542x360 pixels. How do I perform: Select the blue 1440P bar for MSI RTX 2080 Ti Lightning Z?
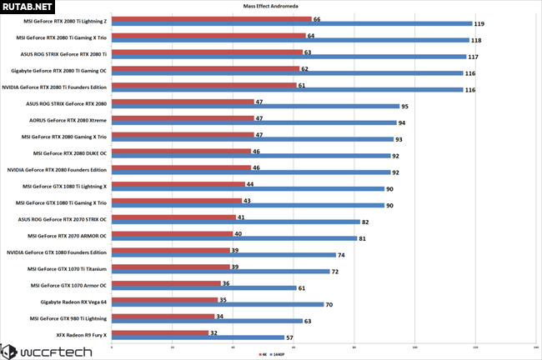point(291,24)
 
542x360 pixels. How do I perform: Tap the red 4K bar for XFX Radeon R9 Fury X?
point(159,333)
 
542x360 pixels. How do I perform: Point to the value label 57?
point(290,338)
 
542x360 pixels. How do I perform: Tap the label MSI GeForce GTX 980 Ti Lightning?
point(68,317)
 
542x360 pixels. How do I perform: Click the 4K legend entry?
point(262,353)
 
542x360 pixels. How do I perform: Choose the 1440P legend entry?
point(278,353)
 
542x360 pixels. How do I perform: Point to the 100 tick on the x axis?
point(415,347)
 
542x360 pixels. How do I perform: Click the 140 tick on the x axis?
point(535,347)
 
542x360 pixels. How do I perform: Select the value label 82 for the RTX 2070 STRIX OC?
point(366,222)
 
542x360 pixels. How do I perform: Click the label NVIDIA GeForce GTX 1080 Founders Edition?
point(57,252)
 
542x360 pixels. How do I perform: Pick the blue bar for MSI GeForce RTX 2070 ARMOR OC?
point(234,238)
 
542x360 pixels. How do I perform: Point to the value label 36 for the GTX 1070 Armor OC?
point(225,284)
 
